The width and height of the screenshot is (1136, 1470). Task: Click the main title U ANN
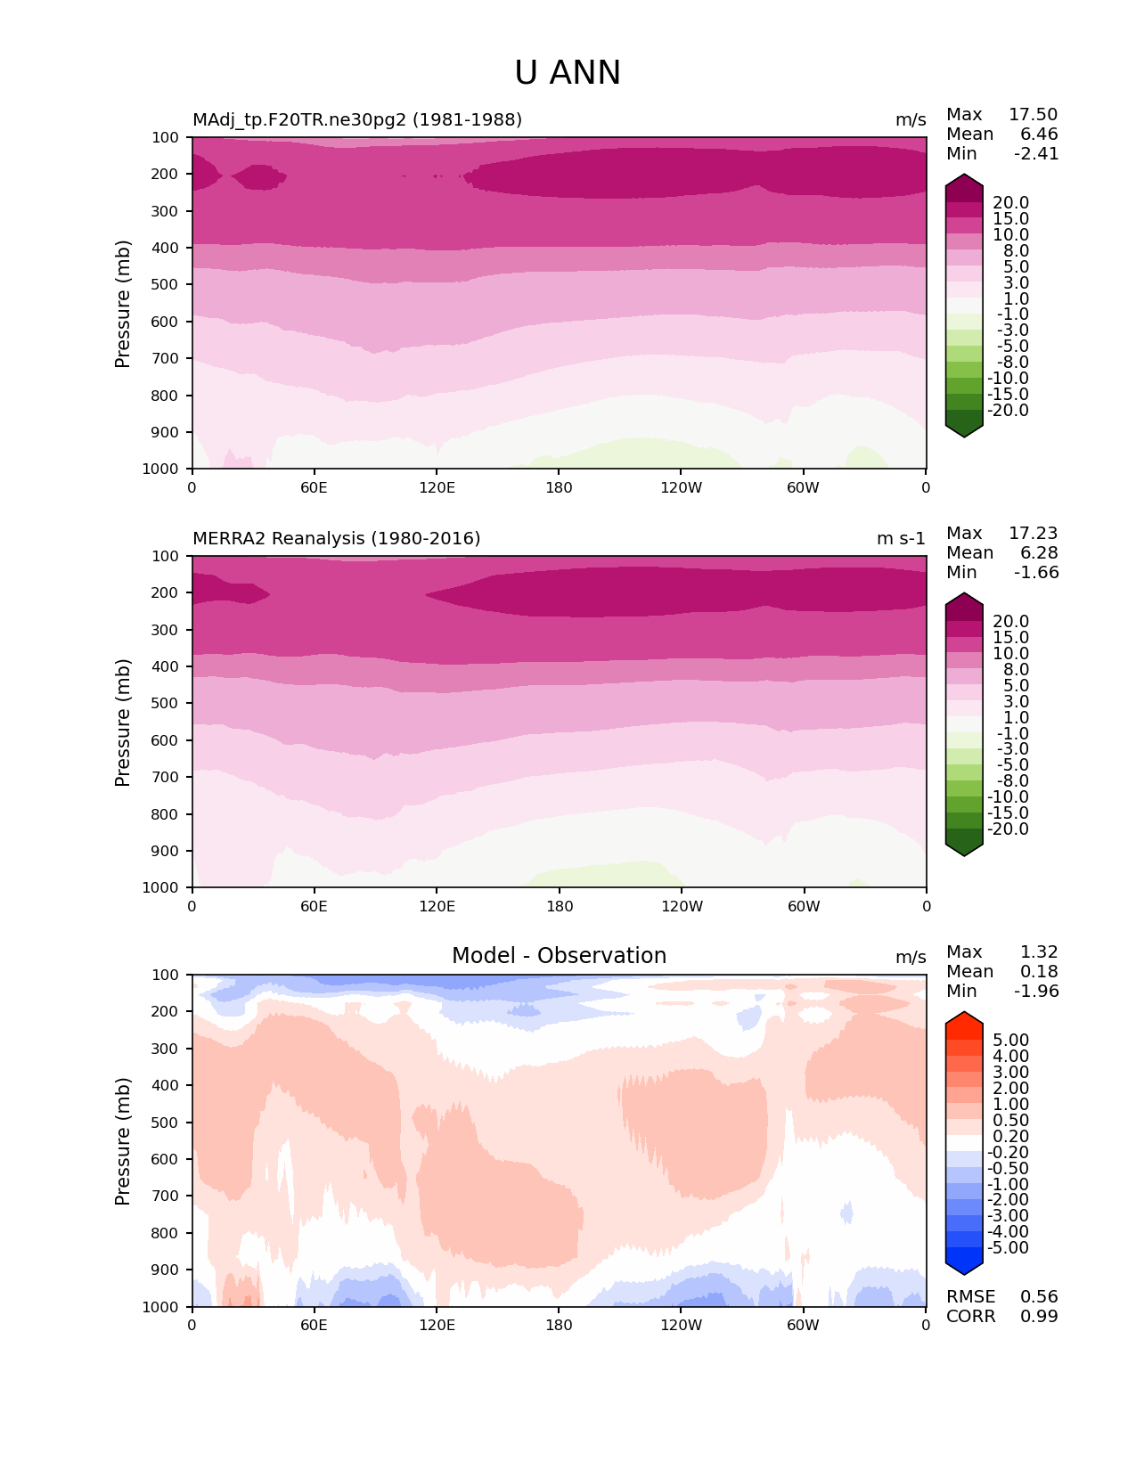coord(568,73)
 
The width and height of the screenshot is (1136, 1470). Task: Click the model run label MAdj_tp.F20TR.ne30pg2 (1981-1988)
coord(357,119)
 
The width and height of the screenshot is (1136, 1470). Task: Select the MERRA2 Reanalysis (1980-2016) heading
coord(337,538)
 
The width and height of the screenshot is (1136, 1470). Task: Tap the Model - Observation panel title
coord(559,956)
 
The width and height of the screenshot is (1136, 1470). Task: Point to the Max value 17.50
coord(1033,114)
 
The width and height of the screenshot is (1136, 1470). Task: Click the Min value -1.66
coord(1036,572)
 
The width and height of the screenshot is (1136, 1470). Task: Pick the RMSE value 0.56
coord(1039,1296)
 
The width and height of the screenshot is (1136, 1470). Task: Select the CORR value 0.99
coord(1039,1316)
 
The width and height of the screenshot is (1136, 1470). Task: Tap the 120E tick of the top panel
coord(437,487)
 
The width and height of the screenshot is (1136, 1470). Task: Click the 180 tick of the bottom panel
coord(559,1325)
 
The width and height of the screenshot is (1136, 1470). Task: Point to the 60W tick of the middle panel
coord(804,906)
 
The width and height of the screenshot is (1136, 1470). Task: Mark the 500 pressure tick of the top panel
coord(166,284)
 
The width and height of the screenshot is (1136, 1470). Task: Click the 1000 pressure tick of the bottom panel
coord(161,1306)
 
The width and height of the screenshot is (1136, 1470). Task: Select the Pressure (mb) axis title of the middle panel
coord(123,722)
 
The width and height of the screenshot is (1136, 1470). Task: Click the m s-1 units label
coord(901,538)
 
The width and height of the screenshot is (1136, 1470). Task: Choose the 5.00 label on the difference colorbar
coord(1010,1040)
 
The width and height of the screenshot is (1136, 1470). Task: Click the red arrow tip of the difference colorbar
coord(964,1017)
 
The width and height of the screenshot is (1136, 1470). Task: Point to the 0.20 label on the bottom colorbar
coord(1010,1136)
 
